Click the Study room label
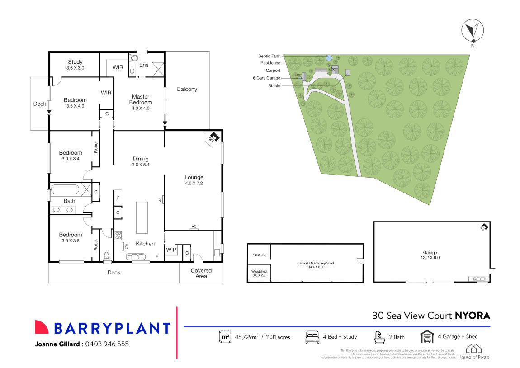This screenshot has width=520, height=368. coord(76,65)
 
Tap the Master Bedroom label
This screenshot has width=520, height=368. coord(141,102)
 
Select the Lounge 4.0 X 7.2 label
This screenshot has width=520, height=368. coord(194,180)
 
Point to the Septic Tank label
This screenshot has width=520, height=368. coord(269,56)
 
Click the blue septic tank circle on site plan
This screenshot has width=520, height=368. coord(329,57)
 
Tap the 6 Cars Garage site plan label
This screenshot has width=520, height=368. coord(266,78)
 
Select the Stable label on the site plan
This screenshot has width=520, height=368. coord(274,85)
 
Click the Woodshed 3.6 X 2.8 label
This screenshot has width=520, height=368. coord(259,273)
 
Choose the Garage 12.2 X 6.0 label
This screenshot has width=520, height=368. coord(430,255)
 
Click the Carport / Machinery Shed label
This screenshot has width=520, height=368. coord(315,264)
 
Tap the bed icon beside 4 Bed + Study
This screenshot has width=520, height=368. coord(312,337)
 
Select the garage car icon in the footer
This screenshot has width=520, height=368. coord(427,337)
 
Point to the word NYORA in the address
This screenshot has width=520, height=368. coord(472,316)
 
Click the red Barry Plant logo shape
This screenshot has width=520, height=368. coord(42,327)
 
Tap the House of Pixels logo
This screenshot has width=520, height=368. coord(474,351)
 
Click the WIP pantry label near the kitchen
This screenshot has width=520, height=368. coord(171,250)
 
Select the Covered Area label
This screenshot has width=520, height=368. coord(201,274)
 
